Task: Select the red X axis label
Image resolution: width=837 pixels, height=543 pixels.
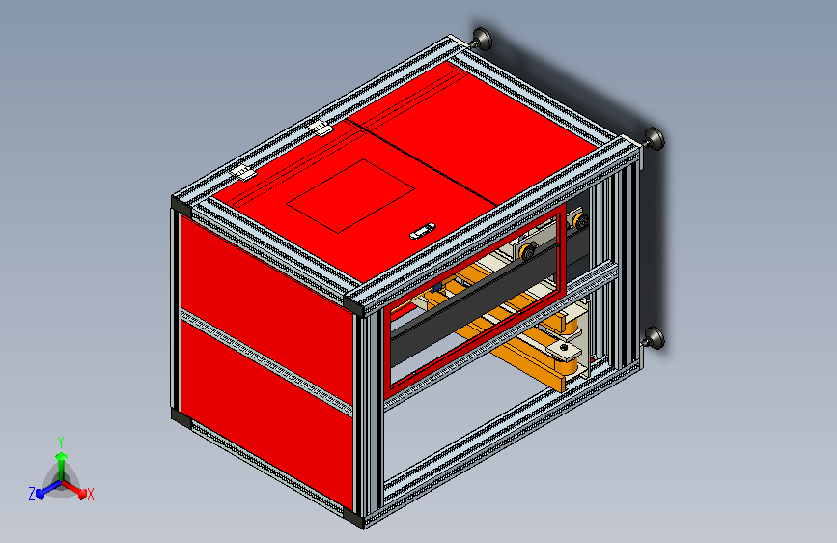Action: (90, 494)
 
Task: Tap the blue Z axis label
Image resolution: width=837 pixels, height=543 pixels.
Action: (32, 493)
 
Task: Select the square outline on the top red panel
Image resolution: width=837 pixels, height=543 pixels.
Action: (350, 196)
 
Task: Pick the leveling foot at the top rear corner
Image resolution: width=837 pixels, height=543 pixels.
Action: (482, 40)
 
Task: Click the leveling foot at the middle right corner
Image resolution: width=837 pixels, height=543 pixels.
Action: (654, 138)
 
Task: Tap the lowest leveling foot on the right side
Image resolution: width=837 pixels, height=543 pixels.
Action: (655, 337)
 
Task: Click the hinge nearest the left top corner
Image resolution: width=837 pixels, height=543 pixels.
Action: (242, 172)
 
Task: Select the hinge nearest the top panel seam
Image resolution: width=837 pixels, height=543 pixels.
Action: (321, 129)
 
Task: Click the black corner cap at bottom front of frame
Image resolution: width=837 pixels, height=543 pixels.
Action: (357, 519)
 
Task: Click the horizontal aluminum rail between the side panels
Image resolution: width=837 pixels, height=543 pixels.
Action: (263, 357)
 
